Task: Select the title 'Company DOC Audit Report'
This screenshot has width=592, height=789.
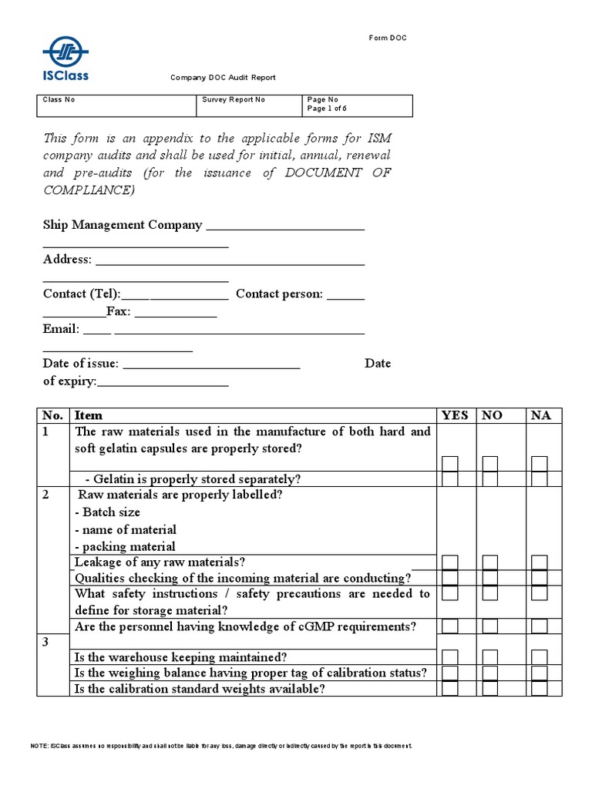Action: click(x=223, y=78)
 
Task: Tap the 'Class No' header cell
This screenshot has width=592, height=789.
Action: click(x=59, y=100)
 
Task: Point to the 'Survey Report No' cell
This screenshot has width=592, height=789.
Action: click(x=234, y=100)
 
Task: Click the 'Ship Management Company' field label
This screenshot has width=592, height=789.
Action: click(x=123, y=225)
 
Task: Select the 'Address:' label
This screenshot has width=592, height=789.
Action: click(x=68, y=260)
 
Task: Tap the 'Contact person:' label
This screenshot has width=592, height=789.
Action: click(x=280, y=294)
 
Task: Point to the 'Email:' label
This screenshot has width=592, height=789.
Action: click(x=61, y=329)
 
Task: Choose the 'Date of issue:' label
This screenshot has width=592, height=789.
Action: click(x=81, y=364)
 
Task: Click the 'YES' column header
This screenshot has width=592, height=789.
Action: click(x=455, y=415)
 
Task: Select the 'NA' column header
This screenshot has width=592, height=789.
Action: click(x=541, y=415)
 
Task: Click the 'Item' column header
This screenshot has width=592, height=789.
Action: click(x=88, y=415)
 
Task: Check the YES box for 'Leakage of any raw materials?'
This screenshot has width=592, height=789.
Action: click(x=450, y=562)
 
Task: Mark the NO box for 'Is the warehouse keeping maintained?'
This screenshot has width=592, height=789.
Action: click(x=490, y=657)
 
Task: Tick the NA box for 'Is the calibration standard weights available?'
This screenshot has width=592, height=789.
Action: click(x=540, y=688)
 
